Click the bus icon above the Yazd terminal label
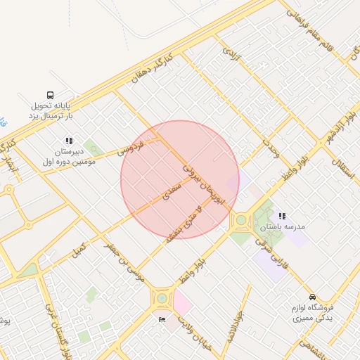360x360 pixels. [51, 95]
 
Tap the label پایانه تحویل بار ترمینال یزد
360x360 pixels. [51, 110]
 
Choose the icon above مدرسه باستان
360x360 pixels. [282, 216]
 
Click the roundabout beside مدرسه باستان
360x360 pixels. [241, 220]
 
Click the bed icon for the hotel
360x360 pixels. [162, 319]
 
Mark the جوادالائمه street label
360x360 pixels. [236, 326]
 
